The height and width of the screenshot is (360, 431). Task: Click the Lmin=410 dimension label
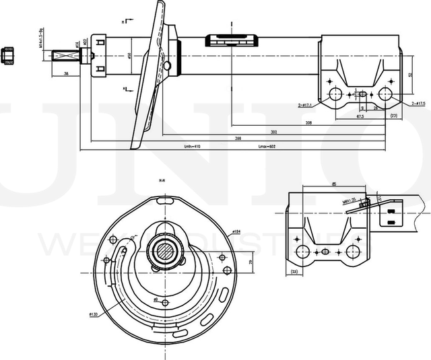[x=193, y=146]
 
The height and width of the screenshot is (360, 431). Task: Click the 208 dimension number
[x=308, y=123]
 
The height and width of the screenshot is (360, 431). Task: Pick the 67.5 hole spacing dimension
[x=360, y=116]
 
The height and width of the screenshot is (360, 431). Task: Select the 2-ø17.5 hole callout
[x=418, y=103]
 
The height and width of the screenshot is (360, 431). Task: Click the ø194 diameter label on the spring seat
[x=236, y=232]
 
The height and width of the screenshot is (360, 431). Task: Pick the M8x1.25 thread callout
[x=348, y=199]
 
